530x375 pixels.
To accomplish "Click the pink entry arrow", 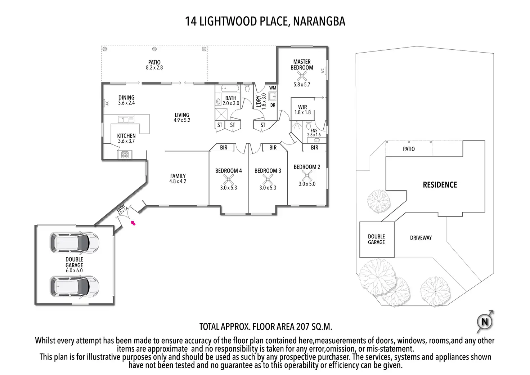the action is pos(133,223).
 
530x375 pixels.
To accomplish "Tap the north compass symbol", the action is pos(485,321).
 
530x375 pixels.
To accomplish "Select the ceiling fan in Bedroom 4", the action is pos(228,179).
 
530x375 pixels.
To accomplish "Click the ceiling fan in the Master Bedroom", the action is pos(301,76).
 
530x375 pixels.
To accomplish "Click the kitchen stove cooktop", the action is pos(125,155).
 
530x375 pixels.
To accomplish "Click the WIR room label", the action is pos(302,107).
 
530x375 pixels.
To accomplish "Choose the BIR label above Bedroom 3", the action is pos(273,147).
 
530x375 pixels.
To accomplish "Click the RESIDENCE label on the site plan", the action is pos(440,185).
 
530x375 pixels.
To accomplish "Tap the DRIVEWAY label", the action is pos(421,238).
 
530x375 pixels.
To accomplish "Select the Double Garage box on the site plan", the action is pos(377,240).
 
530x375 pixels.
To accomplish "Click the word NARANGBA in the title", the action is pos(319,21).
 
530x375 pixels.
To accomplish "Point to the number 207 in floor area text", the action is pos(303,327).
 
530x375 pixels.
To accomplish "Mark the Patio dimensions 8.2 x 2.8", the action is pos(154,68).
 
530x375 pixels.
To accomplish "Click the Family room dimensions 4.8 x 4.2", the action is pos(178,182).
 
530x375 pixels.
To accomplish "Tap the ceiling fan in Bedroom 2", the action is pos(307,175).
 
